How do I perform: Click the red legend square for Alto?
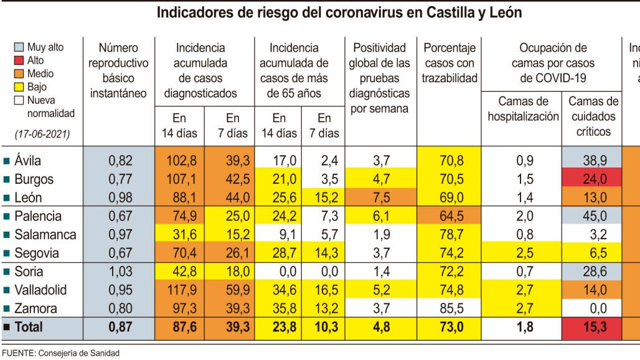19,60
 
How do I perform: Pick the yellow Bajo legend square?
19,87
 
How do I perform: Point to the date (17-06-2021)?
42,134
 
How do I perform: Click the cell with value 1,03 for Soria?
120,272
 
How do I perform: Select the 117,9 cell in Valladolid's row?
182,290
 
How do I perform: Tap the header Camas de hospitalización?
523,109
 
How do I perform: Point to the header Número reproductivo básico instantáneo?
118,70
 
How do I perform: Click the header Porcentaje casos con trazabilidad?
449,63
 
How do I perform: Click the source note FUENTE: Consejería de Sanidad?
60,353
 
